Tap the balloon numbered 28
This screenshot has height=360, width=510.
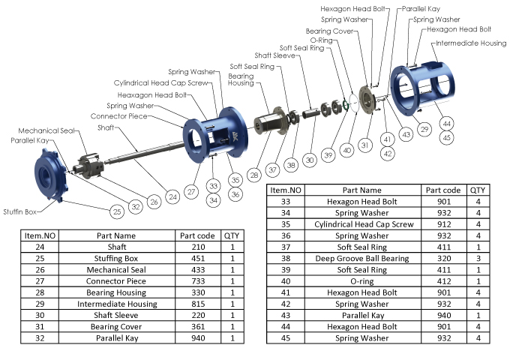pos(254,175)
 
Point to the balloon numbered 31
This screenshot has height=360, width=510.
pos(365,145)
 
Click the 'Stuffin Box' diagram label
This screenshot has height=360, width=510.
pos(20,211)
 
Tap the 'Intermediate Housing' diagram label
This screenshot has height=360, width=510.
pos(472,43)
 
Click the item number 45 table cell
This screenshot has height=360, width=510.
pos(285,338)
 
